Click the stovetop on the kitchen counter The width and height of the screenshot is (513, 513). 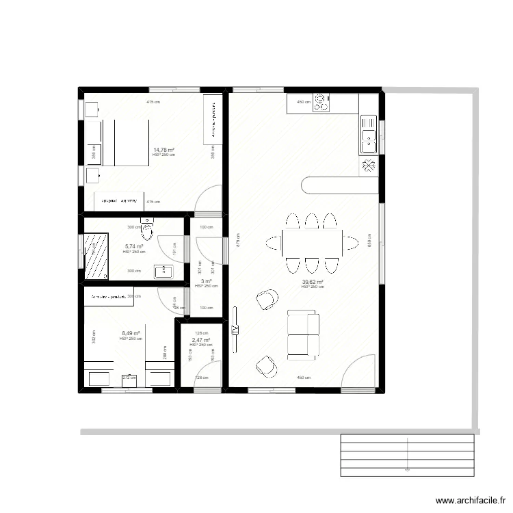[321, 103]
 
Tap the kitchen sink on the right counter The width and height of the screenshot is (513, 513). [368, 134]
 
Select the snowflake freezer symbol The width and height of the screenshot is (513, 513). [368, 165]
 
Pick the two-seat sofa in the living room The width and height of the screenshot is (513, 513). [303, 334]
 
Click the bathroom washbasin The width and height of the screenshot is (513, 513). [163, 272]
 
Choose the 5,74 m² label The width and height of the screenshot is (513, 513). [133, 247]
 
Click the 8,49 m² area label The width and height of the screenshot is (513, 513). [131, 334]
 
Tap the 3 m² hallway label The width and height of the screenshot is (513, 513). [207, 281]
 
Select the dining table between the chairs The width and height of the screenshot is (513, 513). [312, 242]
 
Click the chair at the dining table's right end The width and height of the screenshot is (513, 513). [351, 242]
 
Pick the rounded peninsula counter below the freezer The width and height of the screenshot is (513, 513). [339, 185]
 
